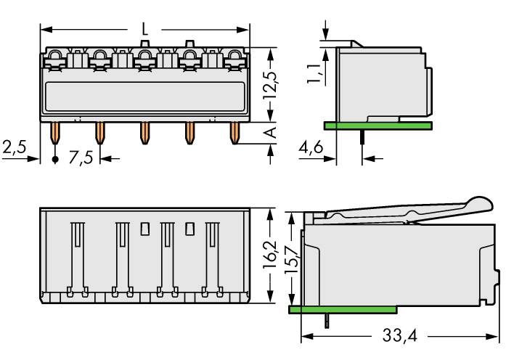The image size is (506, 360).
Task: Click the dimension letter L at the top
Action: click(145, 30)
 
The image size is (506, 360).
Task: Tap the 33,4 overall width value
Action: click(399, 338)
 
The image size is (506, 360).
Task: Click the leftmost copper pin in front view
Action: click(55, 132)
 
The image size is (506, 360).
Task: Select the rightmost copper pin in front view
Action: click(234, 132)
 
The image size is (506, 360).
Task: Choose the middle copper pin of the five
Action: click(144, 132)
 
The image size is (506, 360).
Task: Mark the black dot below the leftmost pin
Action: click(55, 158)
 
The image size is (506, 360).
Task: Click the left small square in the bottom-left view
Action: click(144, 229)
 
